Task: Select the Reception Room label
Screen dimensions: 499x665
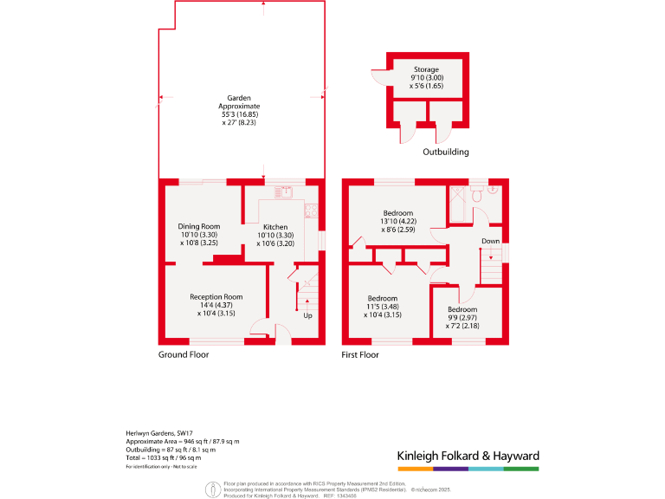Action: [x=216, y=297]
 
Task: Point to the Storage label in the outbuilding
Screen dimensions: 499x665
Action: [x=426, y=69]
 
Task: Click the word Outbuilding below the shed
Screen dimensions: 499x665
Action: [x=446, y=152]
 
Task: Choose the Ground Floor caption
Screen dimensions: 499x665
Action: [x=184, y=354]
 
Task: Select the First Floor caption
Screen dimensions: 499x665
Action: [x=364, y=354]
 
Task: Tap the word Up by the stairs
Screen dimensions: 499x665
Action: [x=307, y=315]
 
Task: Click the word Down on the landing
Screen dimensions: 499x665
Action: [x=490, y=241]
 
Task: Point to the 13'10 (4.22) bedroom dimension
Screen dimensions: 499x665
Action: [x=399, y=222]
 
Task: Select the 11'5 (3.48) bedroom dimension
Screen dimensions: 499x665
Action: [x=382, y=307]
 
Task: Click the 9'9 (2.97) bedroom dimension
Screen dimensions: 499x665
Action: [x=462, y=317]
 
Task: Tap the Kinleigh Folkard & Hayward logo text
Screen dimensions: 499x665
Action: [x=468, y=456]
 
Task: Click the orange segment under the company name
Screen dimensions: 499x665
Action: [x=414, y=469]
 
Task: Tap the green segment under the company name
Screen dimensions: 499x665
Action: [x=521, y=469]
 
